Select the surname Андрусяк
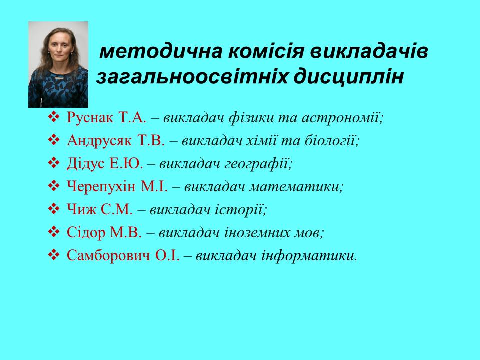coord(99,141)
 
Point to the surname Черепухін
coord(101,186)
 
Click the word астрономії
coord(343,118)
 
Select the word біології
coord(332,141)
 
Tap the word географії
coord(258,164)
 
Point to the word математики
coord(296,187)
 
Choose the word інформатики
coord(309,256)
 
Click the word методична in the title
coord(161,51)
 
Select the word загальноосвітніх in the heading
coord(192,77)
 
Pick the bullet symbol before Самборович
coord(54,255)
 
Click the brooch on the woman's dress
coord(59,78)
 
